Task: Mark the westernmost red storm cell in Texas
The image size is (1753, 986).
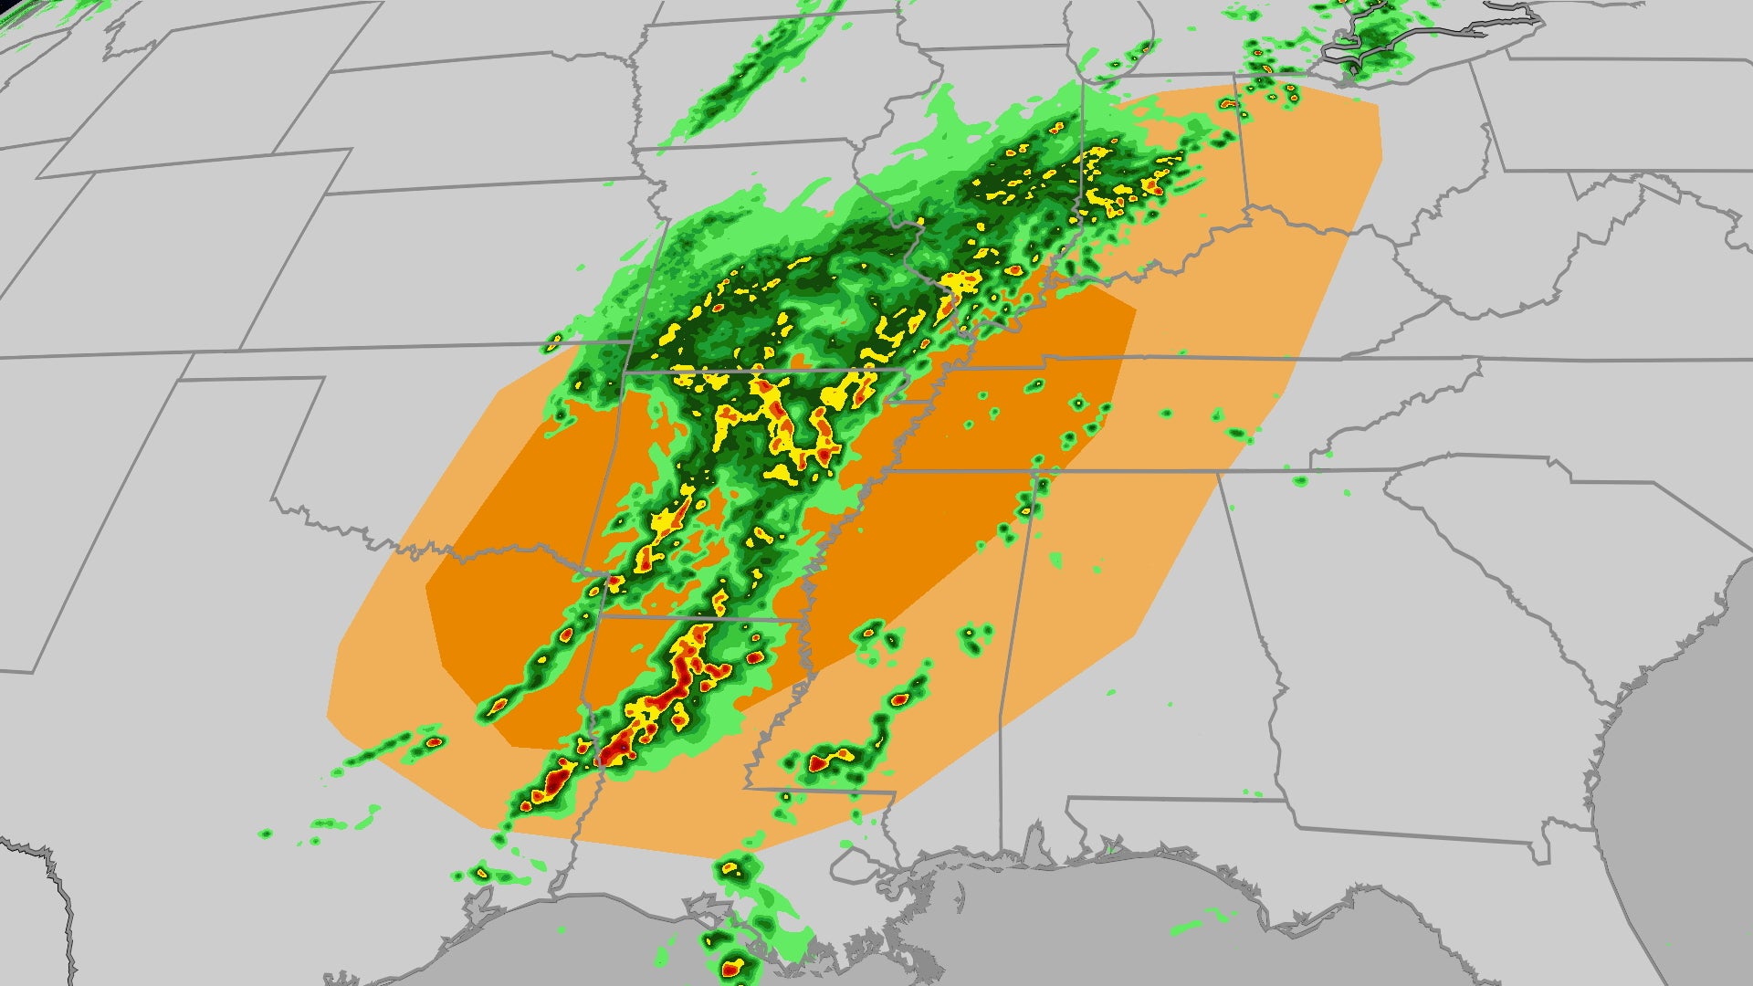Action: point(435,741)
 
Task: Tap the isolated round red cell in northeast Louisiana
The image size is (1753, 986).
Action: point(754,657)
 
